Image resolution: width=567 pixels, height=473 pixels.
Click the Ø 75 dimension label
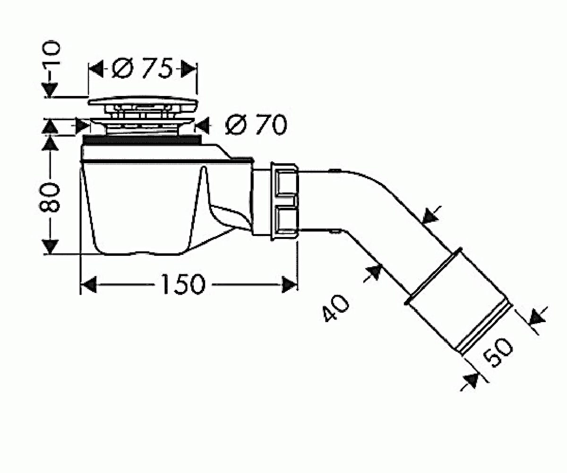[x=142, y=68]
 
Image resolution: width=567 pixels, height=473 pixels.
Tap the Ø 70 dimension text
[x=256, y=125]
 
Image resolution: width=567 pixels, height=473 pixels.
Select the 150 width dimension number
[x=183, y=284]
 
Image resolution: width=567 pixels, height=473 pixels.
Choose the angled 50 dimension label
[x=498, y=353]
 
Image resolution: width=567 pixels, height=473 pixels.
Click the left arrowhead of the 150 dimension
[x=89, y=285]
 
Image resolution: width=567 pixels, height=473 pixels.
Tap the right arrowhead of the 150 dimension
[x=289, y=285]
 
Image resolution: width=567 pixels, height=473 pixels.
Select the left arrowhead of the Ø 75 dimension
[x=96, y=69]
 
